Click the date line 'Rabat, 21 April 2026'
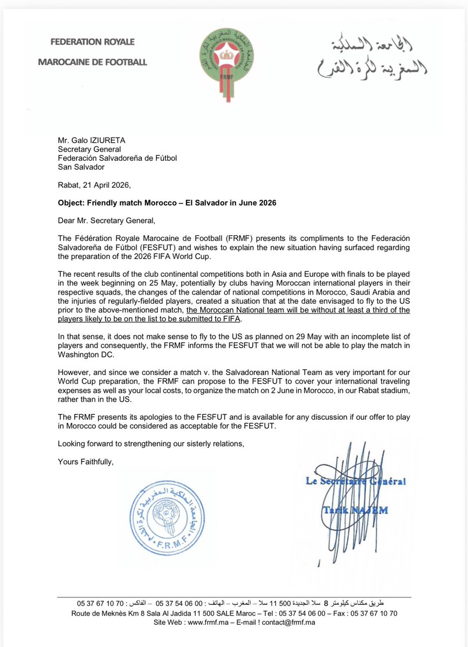pos(94,185)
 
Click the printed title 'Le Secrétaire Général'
pos(356,481)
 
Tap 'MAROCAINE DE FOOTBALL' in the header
pos(92,62)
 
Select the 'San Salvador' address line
pos(81,167)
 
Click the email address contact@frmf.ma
pos(290,622)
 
